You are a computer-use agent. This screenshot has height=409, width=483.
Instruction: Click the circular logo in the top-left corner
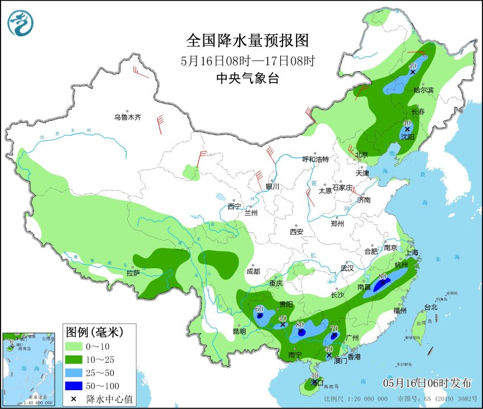coord(21,23)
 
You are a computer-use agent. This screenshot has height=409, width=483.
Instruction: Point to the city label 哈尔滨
coord(423,90)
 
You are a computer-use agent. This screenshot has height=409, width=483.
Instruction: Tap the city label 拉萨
coord(133,273)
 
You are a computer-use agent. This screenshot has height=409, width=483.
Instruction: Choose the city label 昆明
coord(239,331)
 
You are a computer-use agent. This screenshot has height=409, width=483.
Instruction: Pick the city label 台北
coord(431,307)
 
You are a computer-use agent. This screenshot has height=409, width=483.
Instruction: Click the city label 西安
coord(296,232)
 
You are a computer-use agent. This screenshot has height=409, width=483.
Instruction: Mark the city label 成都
coord(253,271)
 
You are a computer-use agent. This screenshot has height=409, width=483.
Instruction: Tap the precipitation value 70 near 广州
coord(334,329)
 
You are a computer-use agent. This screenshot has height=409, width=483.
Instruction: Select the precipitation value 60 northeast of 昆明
coord(259,309)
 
